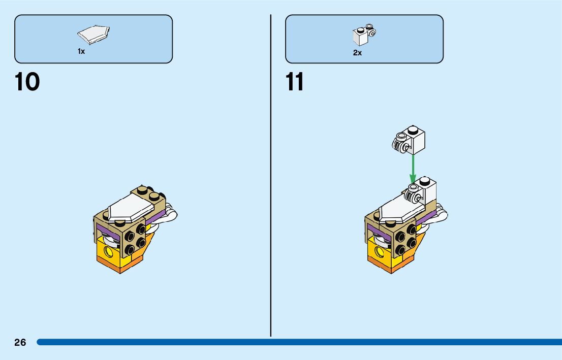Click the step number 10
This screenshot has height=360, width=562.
(x=27, y=82)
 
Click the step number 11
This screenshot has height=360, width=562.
(x=295, y=82)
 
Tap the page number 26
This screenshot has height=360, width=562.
(x=20, y=343)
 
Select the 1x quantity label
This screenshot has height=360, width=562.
(x=81, y=51)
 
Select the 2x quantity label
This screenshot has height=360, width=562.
(x=358, y=53)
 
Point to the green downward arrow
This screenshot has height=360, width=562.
(x=413, y=168)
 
